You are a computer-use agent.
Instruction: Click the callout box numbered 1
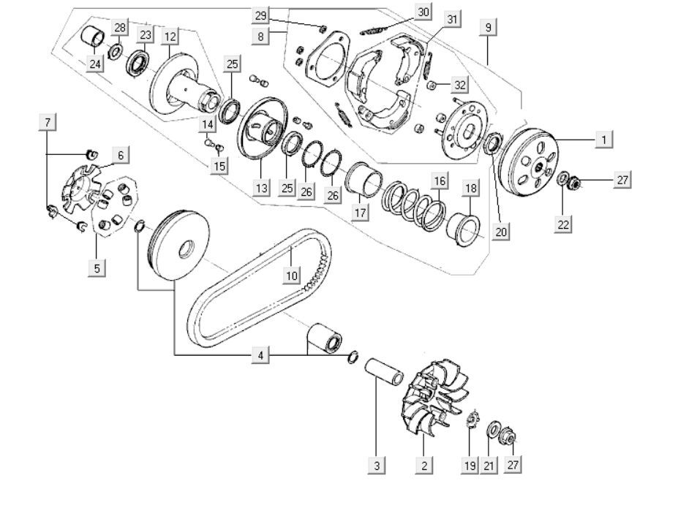click(603, 139)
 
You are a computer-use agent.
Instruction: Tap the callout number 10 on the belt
click(292, 276)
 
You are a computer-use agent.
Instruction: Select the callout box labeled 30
click(423, 12)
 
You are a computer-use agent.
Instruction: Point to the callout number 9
click(489, 28)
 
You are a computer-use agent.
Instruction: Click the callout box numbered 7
click(48, 122)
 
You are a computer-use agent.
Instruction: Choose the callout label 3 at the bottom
click(376, 465)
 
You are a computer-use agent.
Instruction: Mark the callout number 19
click(470, 465)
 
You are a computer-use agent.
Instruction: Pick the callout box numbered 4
click(260, 356)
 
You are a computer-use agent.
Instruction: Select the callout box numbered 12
click(170, 37)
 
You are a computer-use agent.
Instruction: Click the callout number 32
click(459, 86)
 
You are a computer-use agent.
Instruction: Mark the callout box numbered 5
click(97, 268)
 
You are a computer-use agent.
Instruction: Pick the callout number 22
click(563, 224)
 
